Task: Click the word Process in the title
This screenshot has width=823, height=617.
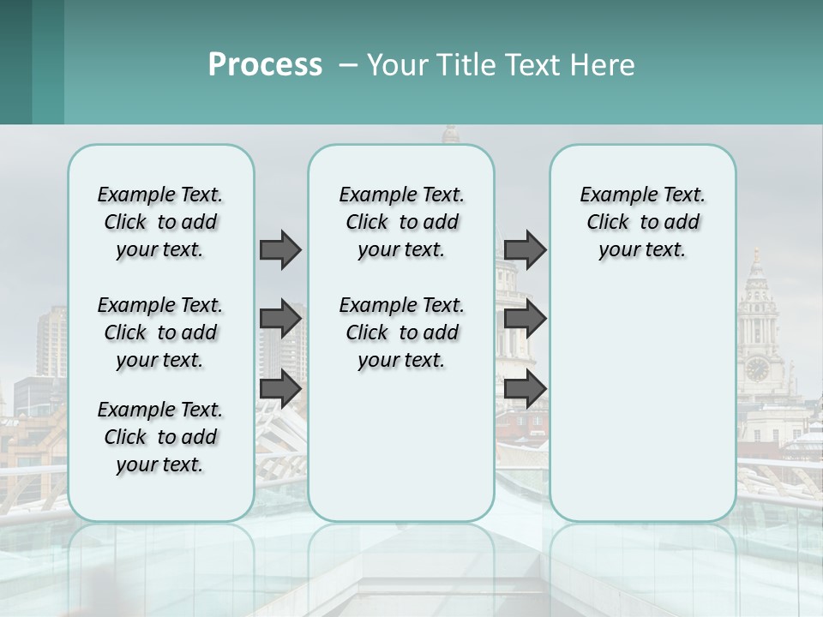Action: click(x=265, y=65)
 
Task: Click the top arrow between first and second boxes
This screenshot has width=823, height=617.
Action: click(x=280, y=249)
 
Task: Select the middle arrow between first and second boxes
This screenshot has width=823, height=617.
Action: click(x=280, y=319)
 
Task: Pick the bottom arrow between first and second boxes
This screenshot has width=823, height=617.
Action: click(x=280, y=388)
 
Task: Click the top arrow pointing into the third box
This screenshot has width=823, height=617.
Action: click(x=525, y=249)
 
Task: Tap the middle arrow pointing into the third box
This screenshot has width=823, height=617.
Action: click(x=525, y=319)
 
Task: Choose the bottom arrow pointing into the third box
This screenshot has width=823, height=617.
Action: click(x=525, y=388)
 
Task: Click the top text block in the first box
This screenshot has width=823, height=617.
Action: click(x=160, y=222)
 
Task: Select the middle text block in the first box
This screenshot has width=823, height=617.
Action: click(x=160, y=332)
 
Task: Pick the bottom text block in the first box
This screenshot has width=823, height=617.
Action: click(x=160, y=437)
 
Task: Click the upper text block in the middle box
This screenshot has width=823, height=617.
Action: click(x=401, y=222)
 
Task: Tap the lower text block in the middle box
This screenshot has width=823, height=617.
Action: click(x=401, y=332)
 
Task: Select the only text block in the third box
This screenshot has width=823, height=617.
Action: click(x=642, y=222)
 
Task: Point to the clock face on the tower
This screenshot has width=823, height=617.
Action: click(x=757, y=369)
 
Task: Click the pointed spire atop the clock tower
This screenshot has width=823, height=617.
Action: click(x=756, y=257)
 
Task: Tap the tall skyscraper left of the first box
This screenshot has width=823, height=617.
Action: click(x=51, y=343)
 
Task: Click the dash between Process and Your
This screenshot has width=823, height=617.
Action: click(x=349, y=65)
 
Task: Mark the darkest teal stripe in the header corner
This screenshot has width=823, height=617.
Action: click(x=15, y=62)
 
